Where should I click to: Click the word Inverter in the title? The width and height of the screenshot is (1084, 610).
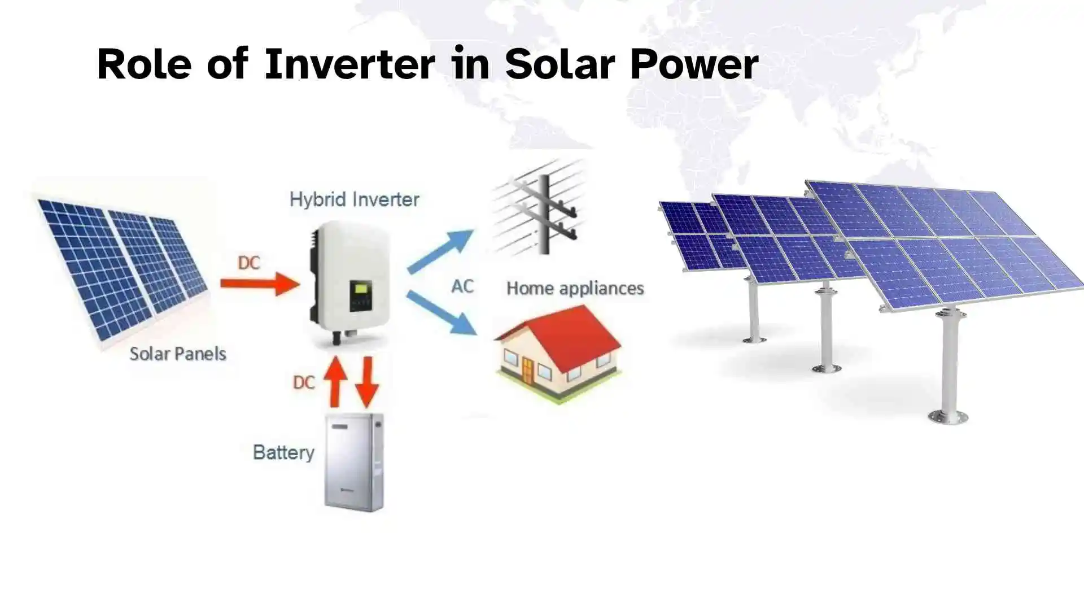pos(349,64)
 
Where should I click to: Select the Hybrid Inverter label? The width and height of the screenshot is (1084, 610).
pos(354,199)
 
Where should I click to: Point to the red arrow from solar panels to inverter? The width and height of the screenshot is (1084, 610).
pos(259,284)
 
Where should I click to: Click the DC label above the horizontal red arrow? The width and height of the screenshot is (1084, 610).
pos(248,263)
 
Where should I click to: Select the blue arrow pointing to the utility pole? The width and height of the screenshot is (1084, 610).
pos(440,251)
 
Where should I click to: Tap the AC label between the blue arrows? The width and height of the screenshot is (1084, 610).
pos(462,286)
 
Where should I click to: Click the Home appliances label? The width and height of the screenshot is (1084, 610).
pos(575,288)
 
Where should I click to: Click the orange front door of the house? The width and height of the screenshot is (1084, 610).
pos(527,371)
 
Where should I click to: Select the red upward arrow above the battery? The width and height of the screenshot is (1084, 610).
pos(335,381)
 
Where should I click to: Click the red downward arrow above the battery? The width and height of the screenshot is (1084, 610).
pos(367,381)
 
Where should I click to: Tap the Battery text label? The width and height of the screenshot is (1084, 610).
pos(283,452)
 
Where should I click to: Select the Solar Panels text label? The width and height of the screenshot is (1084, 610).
pos(177,354)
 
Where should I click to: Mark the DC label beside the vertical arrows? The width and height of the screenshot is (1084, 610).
pos(304,382)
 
